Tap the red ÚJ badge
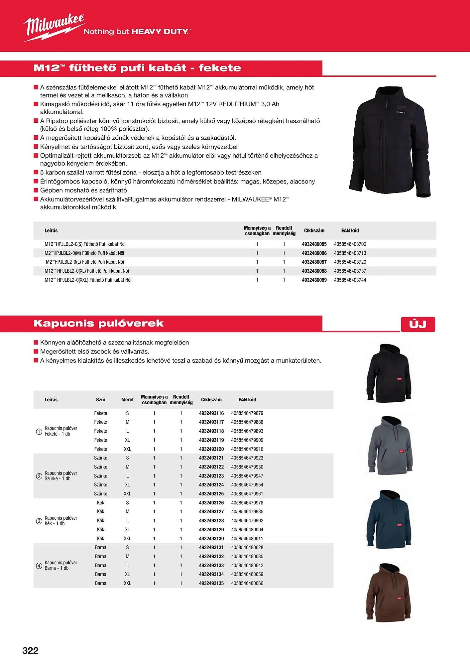click(418, 324)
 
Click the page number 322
click(31, 650)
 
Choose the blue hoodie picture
click(389, 519)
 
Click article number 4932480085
click(314, 244)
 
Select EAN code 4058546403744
click(350, 280)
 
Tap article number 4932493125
click(211, 494)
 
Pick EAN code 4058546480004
click(247, 530)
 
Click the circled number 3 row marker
click(39, 521)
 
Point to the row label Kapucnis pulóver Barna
click(61, 565)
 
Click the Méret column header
click(127, 400)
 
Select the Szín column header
click(100, 400)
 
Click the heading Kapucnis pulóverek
click(99, 324)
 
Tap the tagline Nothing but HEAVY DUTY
click(137, 32)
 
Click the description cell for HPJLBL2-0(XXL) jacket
click(88, 280)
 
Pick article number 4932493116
click(211, 413)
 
